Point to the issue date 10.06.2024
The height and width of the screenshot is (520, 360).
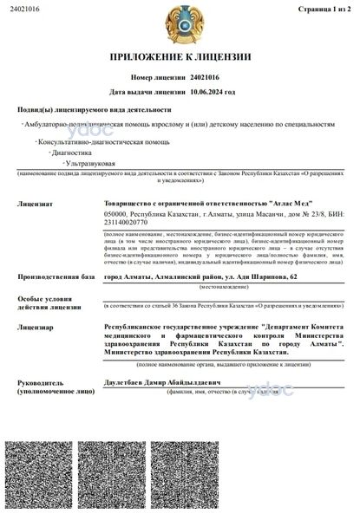click(213, 90)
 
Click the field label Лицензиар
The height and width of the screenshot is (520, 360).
click(35, 328)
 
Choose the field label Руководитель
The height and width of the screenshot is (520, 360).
click(39, 381)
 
